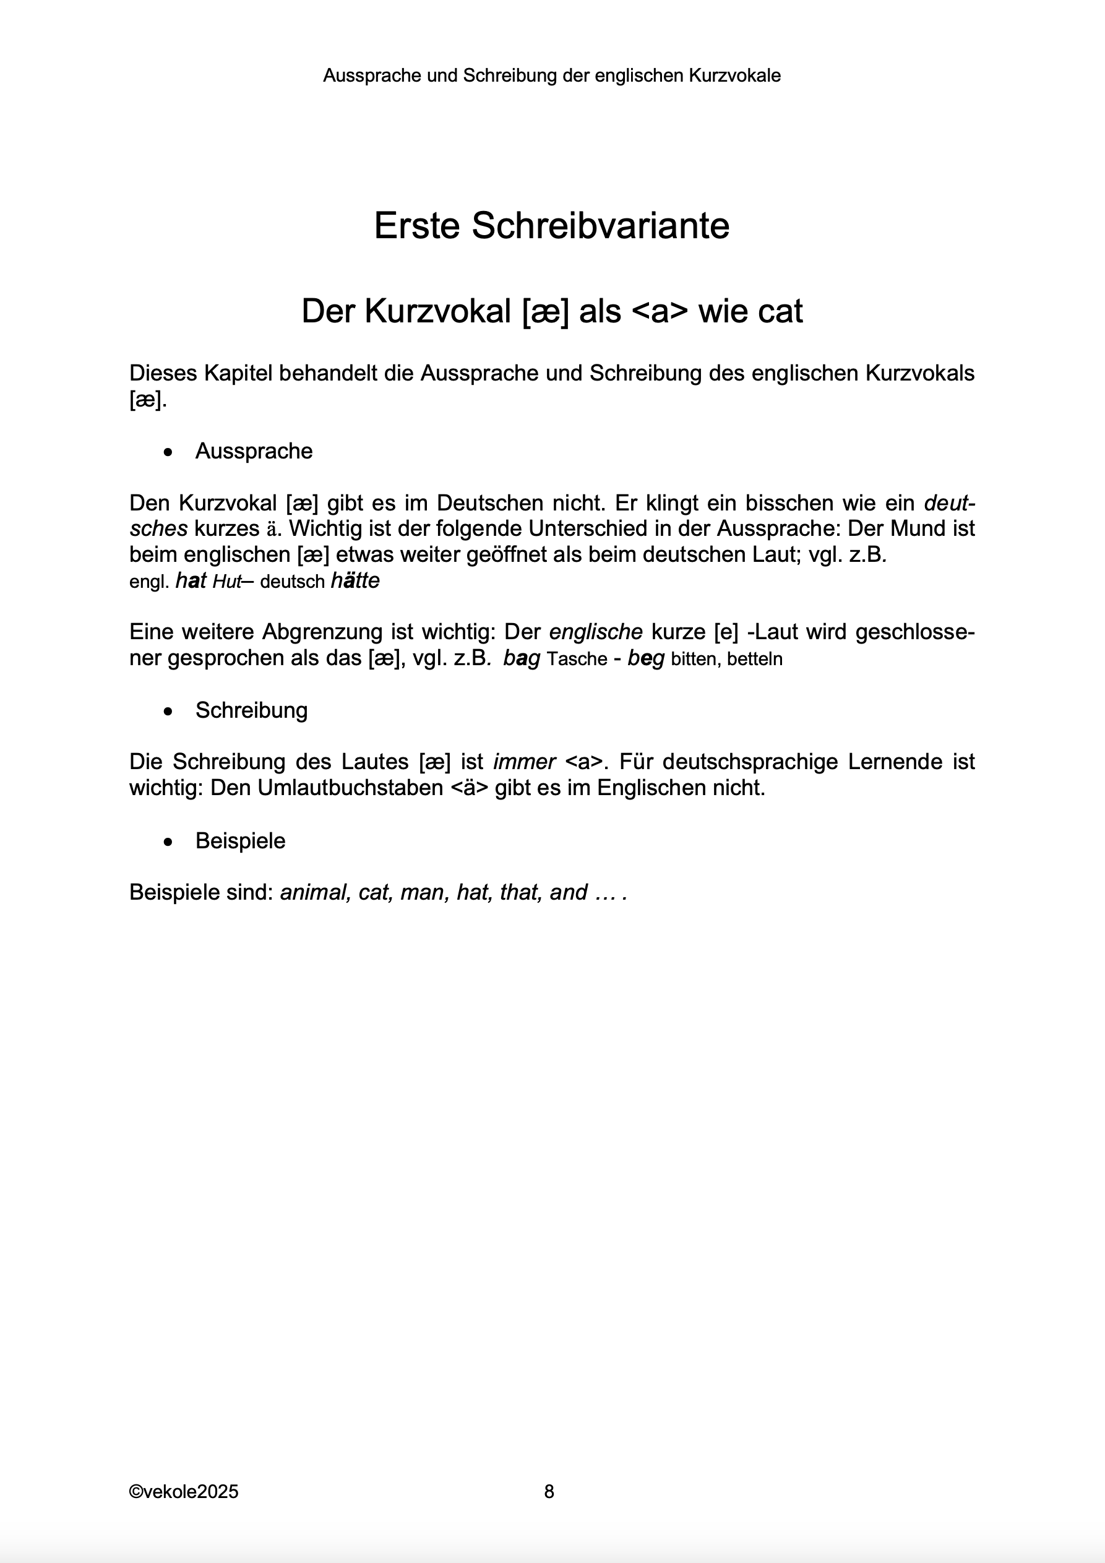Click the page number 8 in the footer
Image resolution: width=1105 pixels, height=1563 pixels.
click(549, 1491)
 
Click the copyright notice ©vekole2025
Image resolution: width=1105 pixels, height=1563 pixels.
click(184, 1491)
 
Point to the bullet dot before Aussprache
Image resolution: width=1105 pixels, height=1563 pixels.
click(168, 452)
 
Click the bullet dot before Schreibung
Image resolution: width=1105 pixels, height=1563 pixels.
click(168, 712)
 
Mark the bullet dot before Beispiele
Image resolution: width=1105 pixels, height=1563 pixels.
click(168, 842)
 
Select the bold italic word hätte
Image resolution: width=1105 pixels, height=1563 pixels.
click(355, 582)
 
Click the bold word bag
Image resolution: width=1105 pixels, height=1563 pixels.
click(522, 659)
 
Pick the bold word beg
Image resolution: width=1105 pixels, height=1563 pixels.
click(645, 659)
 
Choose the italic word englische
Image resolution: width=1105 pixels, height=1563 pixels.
click(596, 632)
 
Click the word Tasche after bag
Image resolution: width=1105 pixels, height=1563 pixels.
click(577, 660)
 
